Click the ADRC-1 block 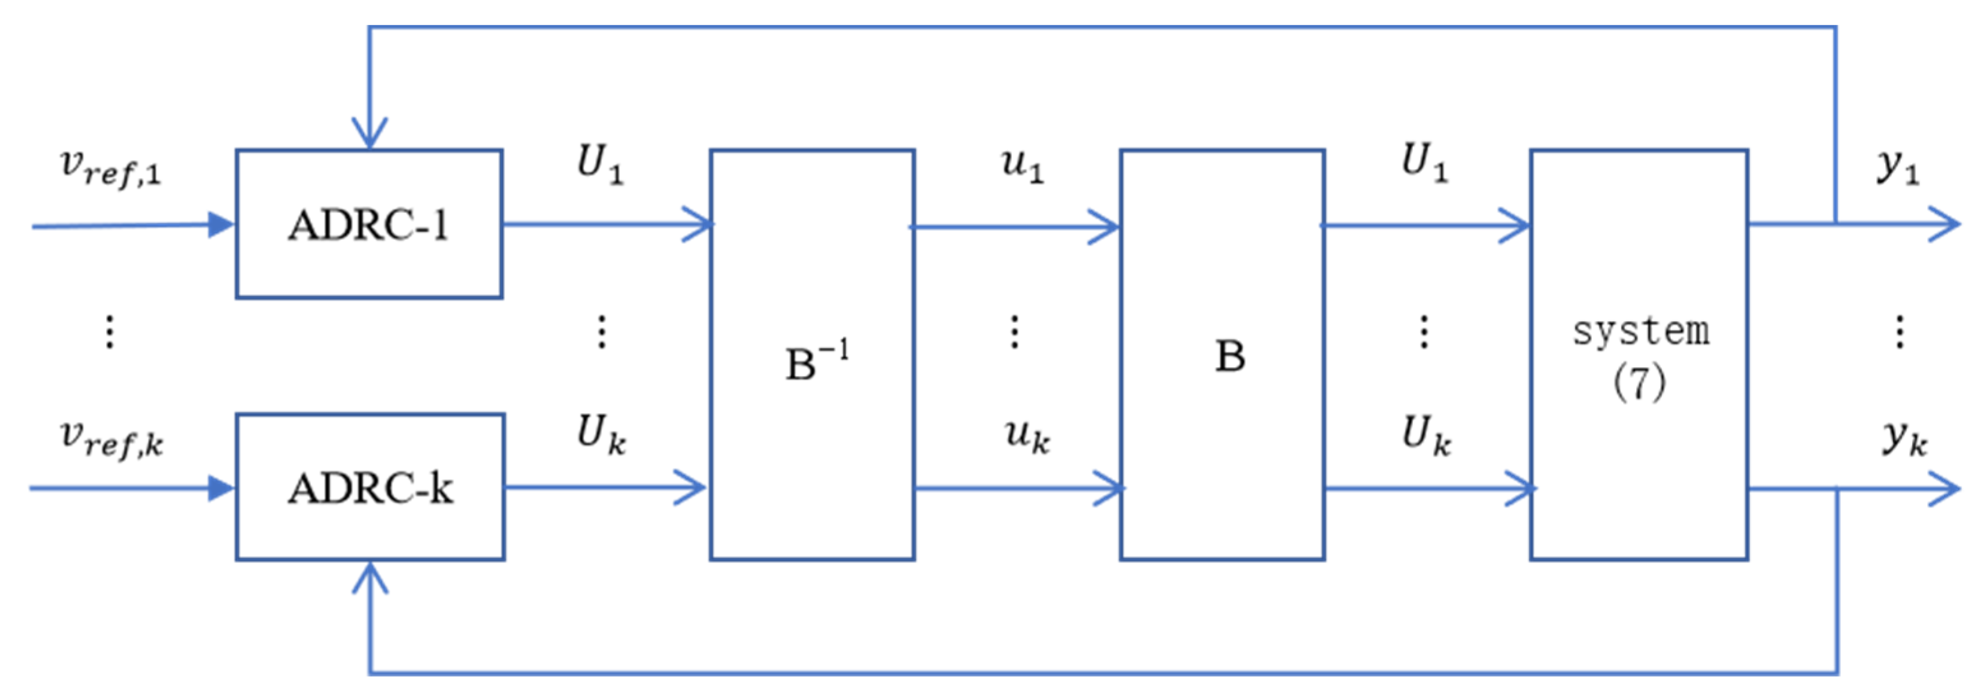coord(369,225)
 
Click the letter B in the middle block coord(1230,356)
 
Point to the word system coord(1640,332)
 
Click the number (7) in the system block coord(1639,382)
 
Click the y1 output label coord(1898,165)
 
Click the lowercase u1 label coord(1022,165)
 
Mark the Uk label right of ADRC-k coord(600,434)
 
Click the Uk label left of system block coord(1426,435)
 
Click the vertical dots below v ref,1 coord(110,332)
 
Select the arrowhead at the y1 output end coord(1945,225)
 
